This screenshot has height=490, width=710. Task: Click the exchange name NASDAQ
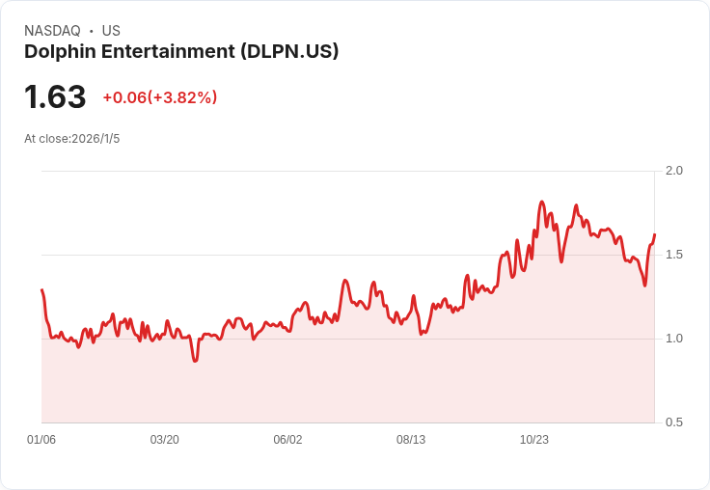(x=52, y=31)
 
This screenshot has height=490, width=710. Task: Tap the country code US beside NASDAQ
(x=111, y=31)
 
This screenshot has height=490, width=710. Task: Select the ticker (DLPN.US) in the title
(x=289, y=51)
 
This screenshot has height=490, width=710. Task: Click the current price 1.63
(x=55, y=96)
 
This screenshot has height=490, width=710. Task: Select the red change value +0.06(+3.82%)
(x=159, y=97)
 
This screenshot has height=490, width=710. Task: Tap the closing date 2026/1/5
(x=96, y=139)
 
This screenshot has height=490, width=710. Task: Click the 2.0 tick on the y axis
(x=674, y=171)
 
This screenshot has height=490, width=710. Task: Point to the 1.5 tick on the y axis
(x=674, y=255)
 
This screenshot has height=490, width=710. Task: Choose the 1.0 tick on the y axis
(x=674, y=339)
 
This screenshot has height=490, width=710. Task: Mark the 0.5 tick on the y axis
(x=674, y=422)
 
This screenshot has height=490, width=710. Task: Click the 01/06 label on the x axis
(x=41, y=440)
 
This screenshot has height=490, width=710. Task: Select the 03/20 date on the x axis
(x=164, y=440)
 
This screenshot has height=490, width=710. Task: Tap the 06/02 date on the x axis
(x=287, y=440)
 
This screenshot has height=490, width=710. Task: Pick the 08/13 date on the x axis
(x=411, y=440)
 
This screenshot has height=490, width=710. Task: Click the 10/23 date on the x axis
(x=534, y=440)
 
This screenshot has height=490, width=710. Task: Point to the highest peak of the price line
(x=542, y=202)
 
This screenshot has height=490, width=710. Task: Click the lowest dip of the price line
(x=195, y=361)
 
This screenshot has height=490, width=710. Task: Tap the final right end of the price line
(x=654, y=234)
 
